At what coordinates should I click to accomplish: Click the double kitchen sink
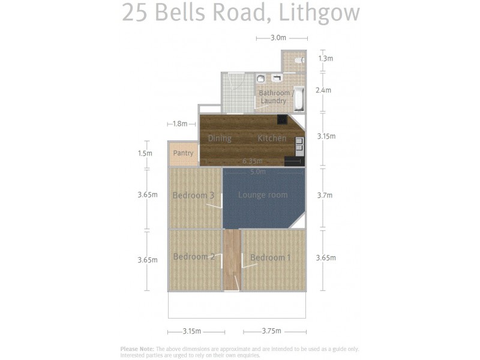299,144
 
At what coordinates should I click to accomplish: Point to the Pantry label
183,154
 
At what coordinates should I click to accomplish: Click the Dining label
220,139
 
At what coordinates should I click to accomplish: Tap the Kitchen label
272,139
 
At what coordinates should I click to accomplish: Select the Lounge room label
263,195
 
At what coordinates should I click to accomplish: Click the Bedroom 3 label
193,196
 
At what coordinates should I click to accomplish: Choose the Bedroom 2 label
194,257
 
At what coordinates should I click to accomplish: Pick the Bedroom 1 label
270,257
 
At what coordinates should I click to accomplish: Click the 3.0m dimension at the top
278,38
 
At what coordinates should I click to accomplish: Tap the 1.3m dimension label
325,59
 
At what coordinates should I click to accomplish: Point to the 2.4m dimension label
323,91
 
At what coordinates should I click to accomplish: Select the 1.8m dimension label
180,124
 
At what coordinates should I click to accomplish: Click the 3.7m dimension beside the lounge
325,195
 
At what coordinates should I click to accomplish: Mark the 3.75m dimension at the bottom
272,331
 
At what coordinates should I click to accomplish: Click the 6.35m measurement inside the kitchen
253,161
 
